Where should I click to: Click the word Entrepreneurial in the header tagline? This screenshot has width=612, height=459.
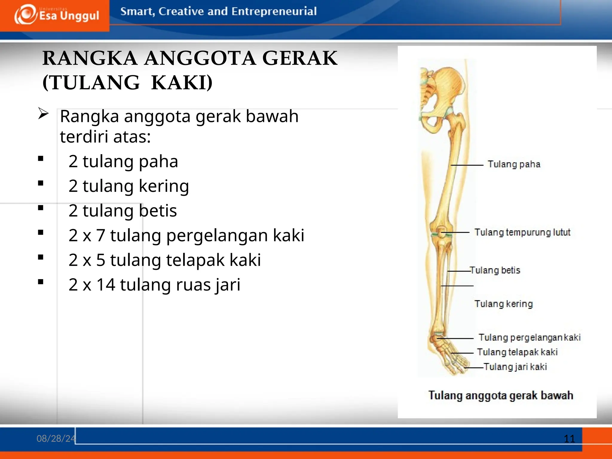click(274, 11)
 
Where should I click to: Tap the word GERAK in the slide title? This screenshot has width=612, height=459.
click(300, 58)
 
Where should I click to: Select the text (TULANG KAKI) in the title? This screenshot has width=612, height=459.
click(128, 82)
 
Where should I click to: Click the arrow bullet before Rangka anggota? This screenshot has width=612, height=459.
click(43, 114)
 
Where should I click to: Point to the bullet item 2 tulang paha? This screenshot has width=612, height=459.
click(123, 161)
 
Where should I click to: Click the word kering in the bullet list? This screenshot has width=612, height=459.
click(164, 186)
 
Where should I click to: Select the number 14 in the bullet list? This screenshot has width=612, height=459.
click(106, 284)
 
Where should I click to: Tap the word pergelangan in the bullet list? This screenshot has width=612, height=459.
click(217, 235)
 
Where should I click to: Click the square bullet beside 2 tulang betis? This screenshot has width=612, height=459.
click(41, 208)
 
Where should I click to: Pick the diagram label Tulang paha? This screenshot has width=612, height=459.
click(514, 164)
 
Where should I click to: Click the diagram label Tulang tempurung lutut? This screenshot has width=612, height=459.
click(522, 232)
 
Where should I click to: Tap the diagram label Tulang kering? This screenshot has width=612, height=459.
click(504, 304)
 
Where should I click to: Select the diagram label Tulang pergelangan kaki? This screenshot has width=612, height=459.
click(530, 337)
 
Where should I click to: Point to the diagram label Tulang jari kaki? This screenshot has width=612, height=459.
click(515, 367)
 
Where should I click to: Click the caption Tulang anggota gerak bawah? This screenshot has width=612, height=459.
click(501, 395)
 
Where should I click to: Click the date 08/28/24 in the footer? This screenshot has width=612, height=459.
click(56, 438)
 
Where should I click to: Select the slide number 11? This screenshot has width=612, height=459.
click(569, 439)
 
